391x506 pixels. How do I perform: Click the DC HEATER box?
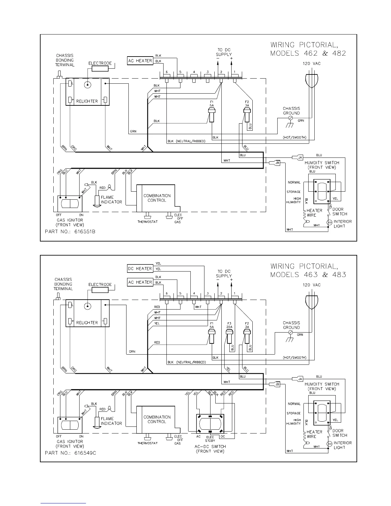[x=140, y=269]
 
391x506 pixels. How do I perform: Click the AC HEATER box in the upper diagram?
[x=140, y=61]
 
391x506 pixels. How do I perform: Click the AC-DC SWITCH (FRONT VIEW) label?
[x=210, y=449]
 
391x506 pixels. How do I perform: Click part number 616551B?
[x=70, y=231]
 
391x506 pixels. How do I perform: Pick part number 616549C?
[x=70, y=453]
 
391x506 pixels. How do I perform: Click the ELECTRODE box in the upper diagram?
[x=100, y=68]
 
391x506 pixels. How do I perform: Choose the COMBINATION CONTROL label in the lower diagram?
[x=157, y=419]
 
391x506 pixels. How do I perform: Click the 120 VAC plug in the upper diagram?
[x=312, y=80]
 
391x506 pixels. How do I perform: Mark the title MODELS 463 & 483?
[x=308, y=275]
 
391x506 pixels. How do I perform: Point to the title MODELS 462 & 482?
[x=308, y=53]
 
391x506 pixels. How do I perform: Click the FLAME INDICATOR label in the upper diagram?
[x=111, y=200]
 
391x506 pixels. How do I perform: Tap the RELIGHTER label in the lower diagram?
[x=87, y=323]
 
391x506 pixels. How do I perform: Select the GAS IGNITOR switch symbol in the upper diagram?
[x=70, y=203]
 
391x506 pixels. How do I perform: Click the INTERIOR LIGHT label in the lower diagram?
[x=342, y=445]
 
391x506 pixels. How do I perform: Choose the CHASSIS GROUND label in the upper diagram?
[x=291, y=111]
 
